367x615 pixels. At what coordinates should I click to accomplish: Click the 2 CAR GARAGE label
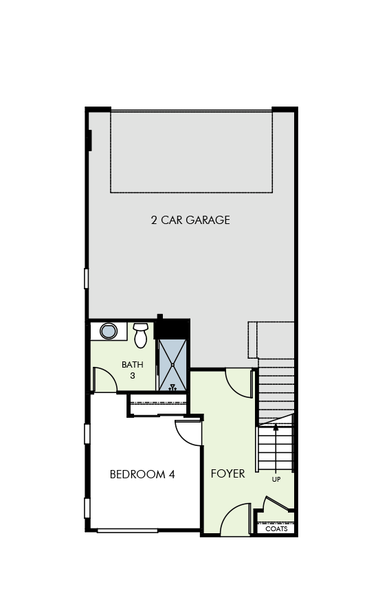190,221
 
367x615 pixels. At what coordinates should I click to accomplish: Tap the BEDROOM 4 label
142,474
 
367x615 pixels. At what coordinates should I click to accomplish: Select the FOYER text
227,474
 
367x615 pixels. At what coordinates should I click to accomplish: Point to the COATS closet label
276,529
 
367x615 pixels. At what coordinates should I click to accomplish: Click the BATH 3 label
133,370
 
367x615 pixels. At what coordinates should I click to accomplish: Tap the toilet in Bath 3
141,335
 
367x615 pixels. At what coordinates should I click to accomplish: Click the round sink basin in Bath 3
109,331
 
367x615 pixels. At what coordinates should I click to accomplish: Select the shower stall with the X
173,365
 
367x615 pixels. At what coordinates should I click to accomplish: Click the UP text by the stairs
276,480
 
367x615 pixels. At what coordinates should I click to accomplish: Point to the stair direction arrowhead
276,427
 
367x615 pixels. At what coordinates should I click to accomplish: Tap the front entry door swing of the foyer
236,520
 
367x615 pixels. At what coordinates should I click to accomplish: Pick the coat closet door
276,505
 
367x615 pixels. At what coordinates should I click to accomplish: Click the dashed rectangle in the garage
191,152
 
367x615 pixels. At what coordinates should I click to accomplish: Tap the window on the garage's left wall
87,278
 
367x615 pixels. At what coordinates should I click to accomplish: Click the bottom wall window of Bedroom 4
127,530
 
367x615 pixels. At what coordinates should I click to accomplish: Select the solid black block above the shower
172,328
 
